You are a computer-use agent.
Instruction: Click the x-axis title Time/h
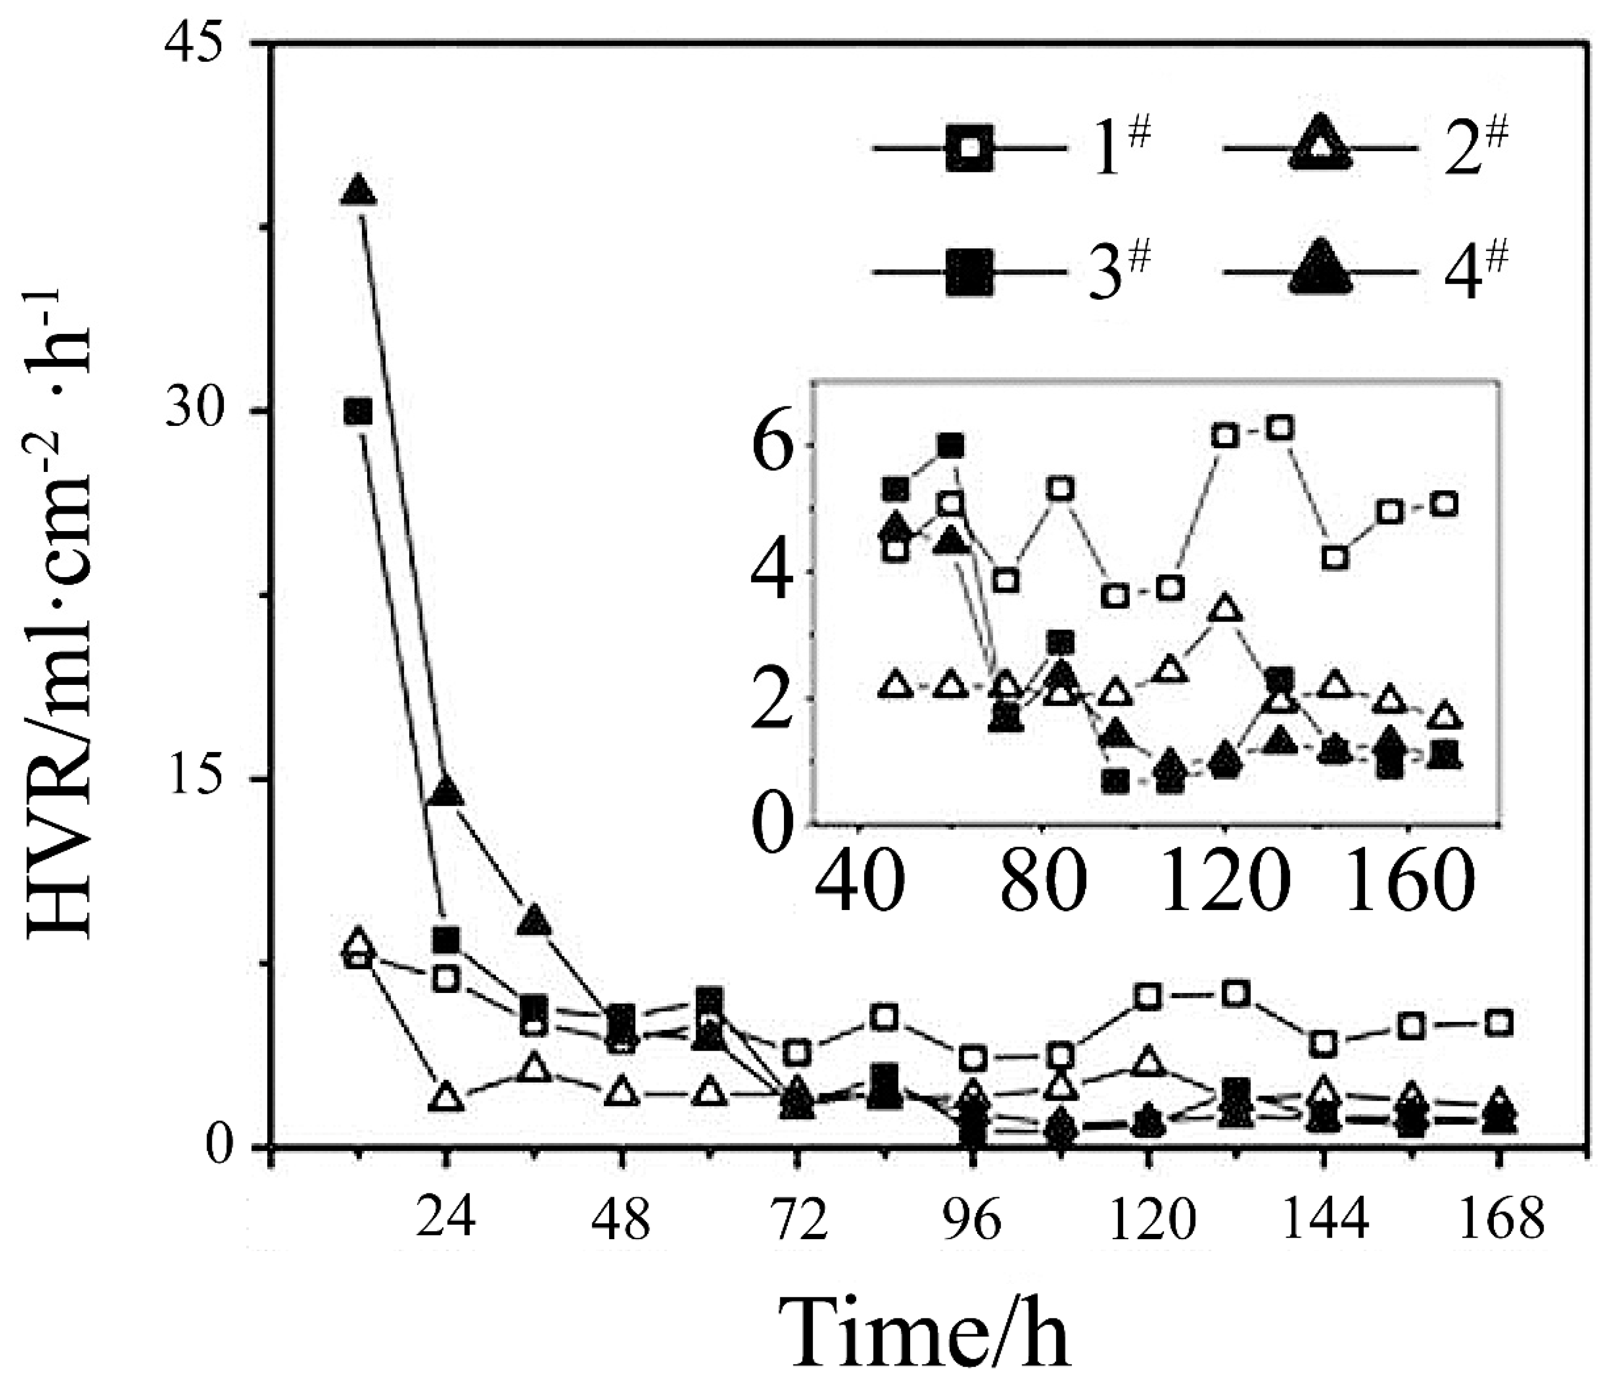coord(928,1331)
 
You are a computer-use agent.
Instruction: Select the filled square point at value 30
coord(358,412)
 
